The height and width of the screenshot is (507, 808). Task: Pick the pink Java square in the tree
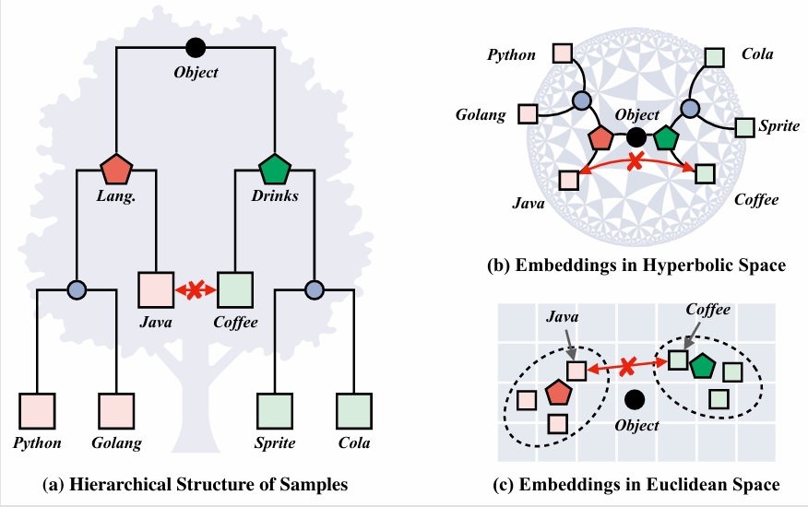point(156,289)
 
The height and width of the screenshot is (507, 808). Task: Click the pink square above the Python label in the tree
point(38,411)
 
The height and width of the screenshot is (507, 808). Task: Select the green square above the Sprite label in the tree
point(275,411)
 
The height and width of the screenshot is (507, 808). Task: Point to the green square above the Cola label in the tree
point(354,411)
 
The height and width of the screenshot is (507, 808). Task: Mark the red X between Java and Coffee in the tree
point(196,289)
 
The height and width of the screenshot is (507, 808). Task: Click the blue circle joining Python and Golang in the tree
point(77,289)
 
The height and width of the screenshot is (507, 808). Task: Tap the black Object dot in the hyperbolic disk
point(636,137)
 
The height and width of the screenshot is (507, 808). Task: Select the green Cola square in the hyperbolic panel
point(713,57)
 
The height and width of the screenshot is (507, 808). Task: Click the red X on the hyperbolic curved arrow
point(635,161)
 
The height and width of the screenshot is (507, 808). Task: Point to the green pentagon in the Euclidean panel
point(705,365)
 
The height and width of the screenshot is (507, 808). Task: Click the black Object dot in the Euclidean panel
point(634,400)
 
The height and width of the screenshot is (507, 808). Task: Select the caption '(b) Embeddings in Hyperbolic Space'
point(636,266)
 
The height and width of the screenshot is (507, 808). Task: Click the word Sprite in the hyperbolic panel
point(778,126)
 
